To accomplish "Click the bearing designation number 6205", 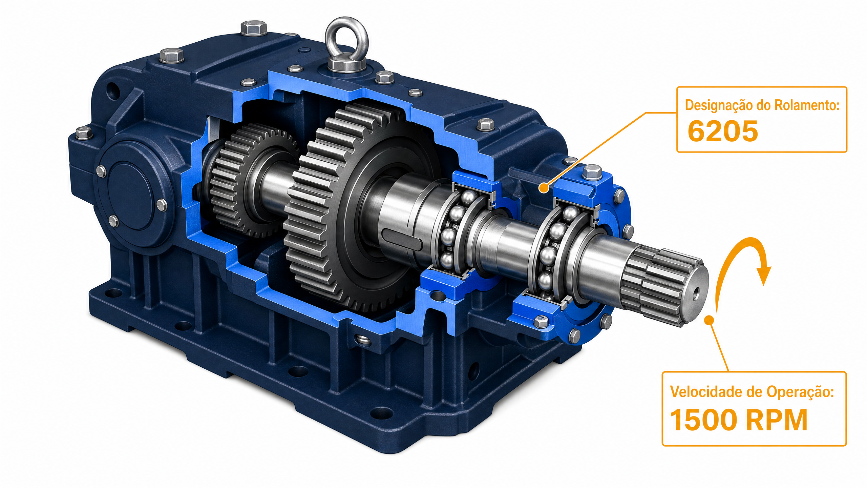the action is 723,131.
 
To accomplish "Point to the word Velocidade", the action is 706,392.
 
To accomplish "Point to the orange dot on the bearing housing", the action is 544,187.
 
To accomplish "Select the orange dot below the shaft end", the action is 709,320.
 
